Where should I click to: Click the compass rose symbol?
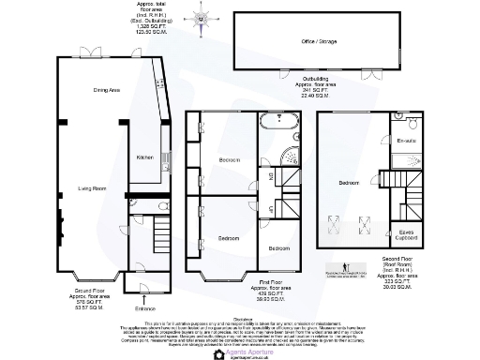coord(202,18)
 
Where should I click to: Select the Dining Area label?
coord(105,90)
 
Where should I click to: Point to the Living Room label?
coord(91,188)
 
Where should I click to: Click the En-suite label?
coord(405,139)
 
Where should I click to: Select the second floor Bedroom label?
coord(349,182)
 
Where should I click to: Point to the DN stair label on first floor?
coord(273,175)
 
